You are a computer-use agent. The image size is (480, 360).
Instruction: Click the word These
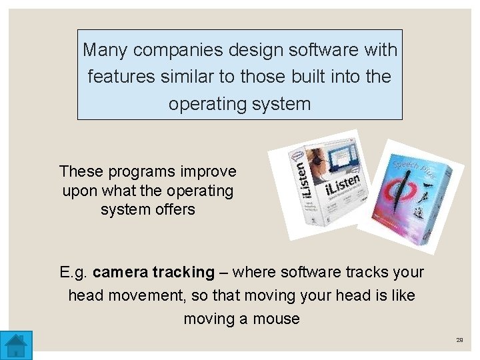pyautogui.click(x=79, y=171)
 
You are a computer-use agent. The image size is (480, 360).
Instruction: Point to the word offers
pyautogui.click(x=174, y=209)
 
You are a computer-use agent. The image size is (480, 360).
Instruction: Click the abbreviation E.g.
pyautogui.click(x=74, y=273)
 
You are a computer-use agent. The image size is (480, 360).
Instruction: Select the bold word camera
pyautogui.click(x=120, y=273)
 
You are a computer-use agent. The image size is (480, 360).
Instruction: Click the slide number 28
pyautogui.click(x=459, y=340)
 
